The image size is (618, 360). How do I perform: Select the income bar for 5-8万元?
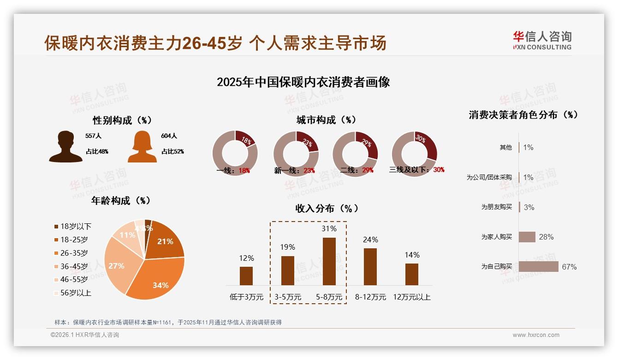[x=329, y=261]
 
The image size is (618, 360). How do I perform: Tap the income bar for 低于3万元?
[x=246, y=276]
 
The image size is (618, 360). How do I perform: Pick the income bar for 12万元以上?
[x=412, y=274]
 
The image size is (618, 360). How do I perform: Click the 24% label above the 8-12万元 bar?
[x=370, y=240]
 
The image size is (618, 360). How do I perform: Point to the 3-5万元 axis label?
[x=288, y=297]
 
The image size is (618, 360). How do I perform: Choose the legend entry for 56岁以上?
[x=72, y=293]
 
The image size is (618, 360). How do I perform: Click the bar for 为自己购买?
[x=538, y=267]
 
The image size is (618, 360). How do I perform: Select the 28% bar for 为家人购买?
[x=527, y=237]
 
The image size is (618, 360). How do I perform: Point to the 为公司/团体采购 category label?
[x=489, y=177]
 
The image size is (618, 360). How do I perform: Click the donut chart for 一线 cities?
[x=235, y=152]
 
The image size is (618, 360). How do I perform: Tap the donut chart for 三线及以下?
[x=414, y=152]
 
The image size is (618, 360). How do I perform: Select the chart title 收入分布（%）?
[x=327, y=208]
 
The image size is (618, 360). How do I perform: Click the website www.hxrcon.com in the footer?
[x=536, y=335]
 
